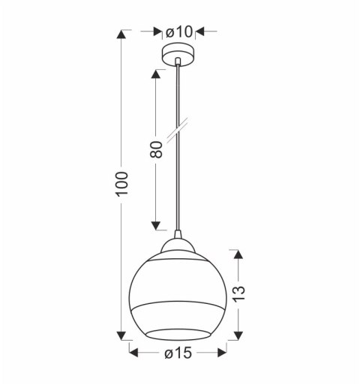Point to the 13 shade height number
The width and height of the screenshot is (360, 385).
pyautogui.click(x=238, y=295)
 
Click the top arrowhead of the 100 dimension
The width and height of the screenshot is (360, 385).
pyautogui.click(x=123, y=35)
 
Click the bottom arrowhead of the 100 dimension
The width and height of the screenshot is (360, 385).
pyautogui.click(x=123, y=333)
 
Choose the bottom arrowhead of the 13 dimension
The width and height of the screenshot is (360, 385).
pyautogui.click(x=238, y=333)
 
